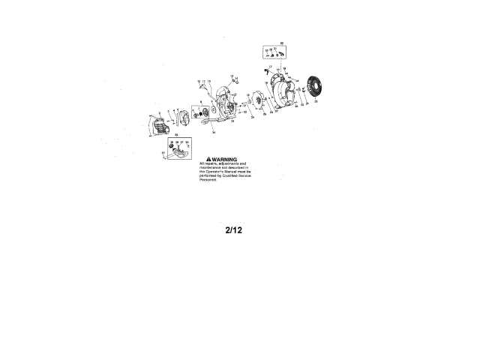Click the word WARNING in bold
(224, 160)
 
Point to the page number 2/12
(233, 230)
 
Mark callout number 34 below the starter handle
(213, 132)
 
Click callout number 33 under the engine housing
(232, 121)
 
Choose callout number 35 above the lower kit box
(177, 135)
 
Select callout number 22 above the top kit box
(282, 43)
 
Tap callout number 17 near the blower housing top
(270, 67)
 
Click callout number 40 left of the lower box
(163, 153)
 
